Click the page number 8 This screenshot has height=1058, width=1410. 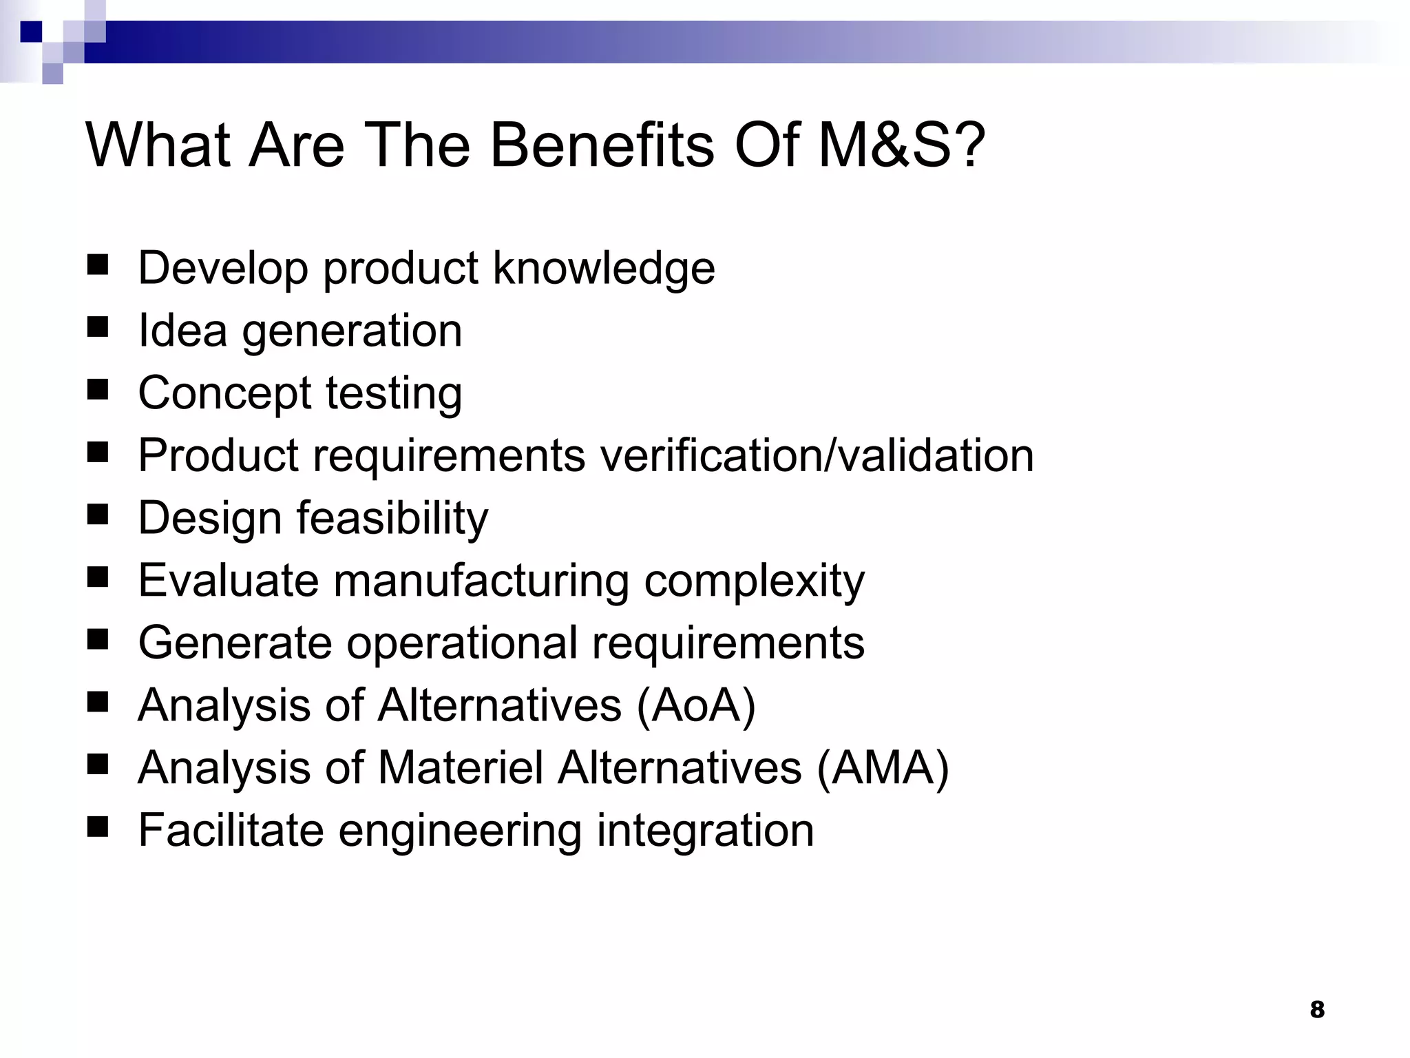1316,1010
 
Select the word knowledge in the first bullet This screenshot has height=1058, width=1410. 604,268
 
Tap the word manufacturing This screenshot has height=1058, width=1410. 481,580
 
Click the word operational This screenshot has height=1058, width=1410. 461,643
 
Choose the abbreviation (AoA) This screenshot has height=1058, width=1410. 695,705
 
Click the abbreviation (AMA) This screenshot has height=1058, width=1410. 883,768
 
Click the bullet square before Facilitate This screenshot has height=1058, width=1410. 98,827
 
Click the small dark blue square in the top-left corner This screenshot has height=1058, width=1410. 31,32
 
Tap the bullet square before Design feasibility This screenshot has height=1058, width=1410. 98,514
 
